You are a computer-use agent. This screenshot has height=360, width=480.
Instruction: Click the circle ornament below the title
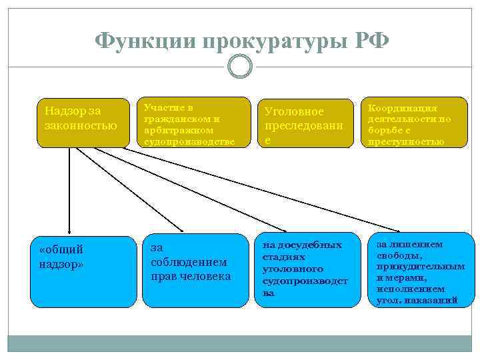click(x=240, y=67)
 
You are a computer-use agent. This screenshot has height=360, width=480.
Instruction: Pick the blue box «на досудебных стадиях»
click(x=303, y=269)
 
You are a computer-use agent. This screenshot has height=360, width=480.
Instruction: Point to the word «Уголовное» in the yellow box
click(x=294, y=111)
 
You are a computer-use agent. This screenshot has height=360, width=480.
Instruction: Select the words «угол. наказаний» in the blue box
click(x=417, y=300)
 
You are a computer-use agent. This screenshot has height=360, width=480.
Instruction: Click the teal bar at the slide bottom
click(x=240, y=344)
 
